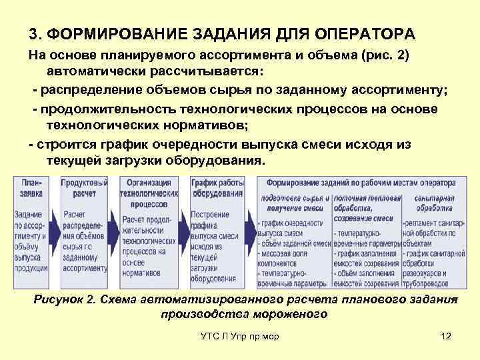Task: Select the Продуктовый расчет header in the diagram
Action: [x=84, y=187]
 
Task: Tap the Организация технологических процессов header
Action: [x=149, y=192]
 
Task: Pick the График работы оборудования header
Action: [x=217, y=187]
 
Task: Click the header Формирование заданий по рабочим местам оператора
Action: [x=360, y=182]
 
